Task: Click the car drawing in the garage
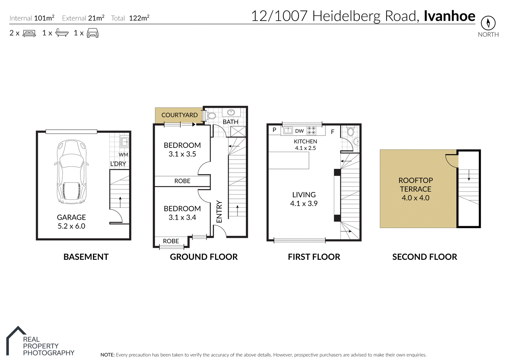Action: [71, 172]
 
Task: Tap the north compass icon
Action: [488, 23]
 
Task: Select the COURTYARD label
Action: [179, 115]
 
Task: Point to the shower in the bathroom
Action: [238, 132]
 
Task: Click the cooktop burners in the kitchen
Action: [311, 130]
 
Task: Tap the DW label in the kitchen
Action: [299, 131]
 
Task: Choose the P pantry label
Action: [274, 130]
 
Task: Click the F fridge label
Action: [332, 132]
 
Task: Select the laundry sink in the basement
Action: [124, 142]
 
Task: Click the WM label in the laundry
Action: [123, 155]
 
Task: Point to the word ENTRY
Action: [219, 211]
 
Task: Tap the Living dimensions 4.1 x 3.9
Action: [304, 204]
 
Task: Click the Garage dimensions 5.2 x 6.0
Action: [71, 226]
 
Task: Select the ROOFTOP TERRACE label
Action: [415, 185]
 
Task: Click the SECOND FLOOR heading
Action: [425, 257]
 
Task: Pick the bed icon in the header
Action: [29, 33]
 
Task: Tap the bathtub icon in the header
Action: [62, 33]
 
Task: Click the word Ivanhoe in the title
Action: [450, 16]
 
